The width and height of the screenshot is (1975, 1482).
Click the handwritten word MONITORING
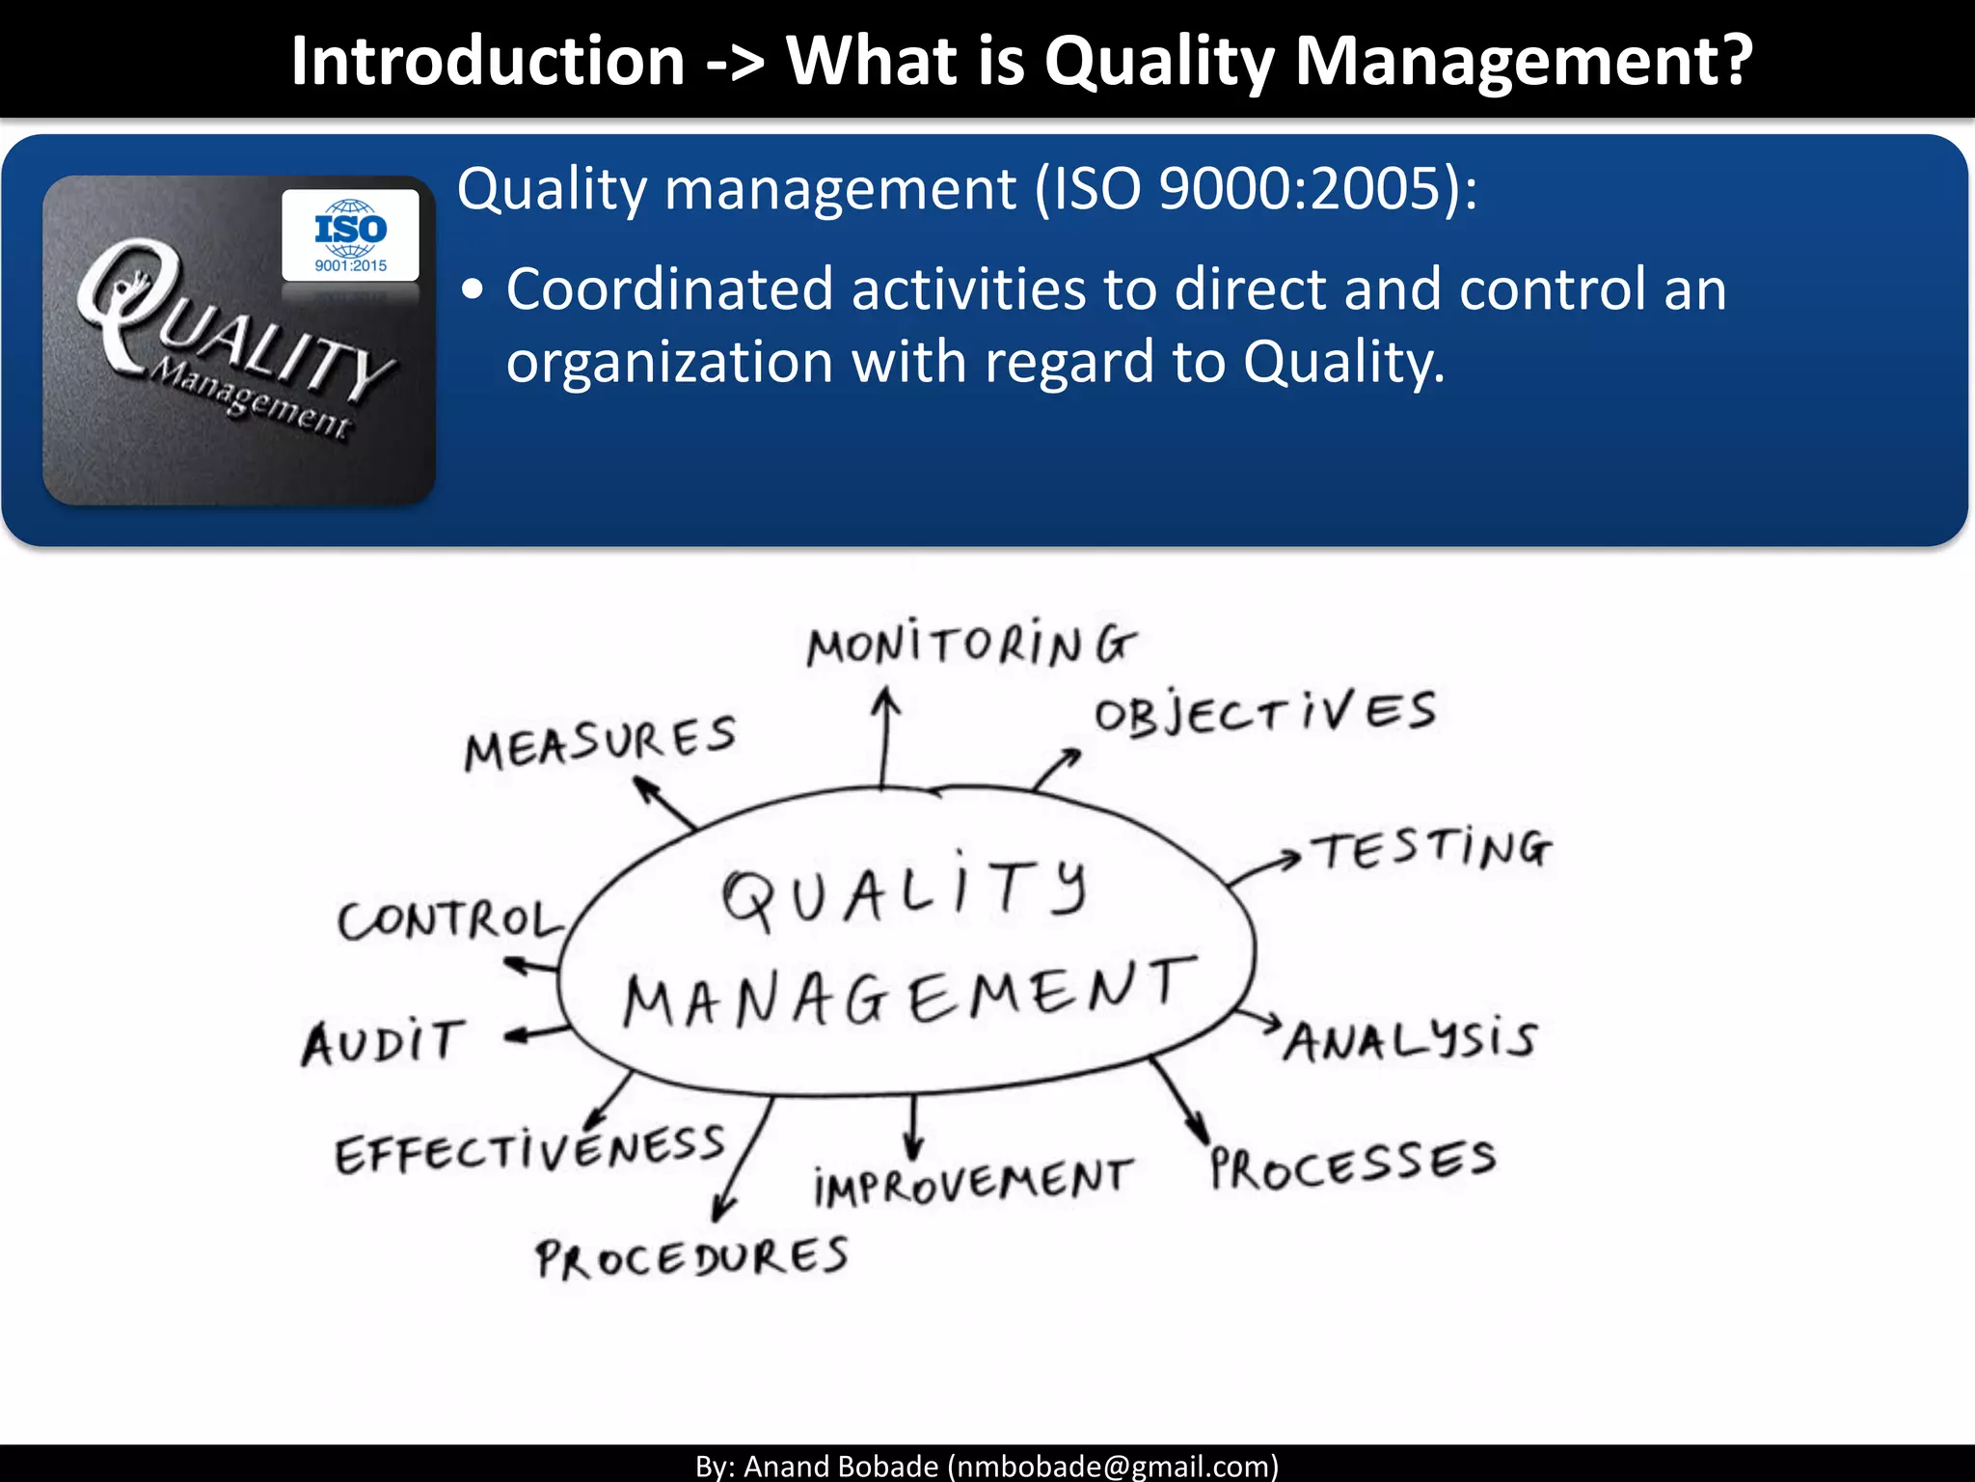[x=971, y=645]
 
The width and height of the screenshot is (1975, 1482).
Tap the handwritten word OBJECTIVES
[x=1264, y=714]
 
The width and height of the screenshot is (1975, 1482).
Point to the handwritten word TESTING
[x=1433, y=849]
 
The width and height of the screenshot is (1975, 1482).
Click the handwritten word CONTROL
[x=450, y=920]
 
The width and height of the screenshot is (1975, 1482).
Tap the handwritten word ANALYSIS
[x=1410, y=1040]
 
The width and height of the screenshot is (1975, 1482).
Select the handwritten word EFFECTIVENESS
[x=529, y=1150]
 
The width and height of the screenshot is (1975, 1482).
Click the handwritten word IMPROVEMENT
[x=972, y=1183]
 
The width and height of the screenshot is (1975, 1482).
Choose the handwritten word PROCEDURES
[x=692, y=1259]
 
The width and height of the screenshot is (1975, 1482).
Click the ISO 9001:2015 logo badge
[x=350, y=235]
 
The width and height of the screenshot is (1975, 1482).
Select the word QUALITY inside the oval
[x=905, y=892]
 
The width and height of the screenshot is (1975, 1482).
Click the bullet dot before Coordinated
[x=472, y=290]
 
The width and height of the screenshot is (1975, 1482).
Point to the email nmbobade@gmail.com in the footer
[x=1113, y=1466]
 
